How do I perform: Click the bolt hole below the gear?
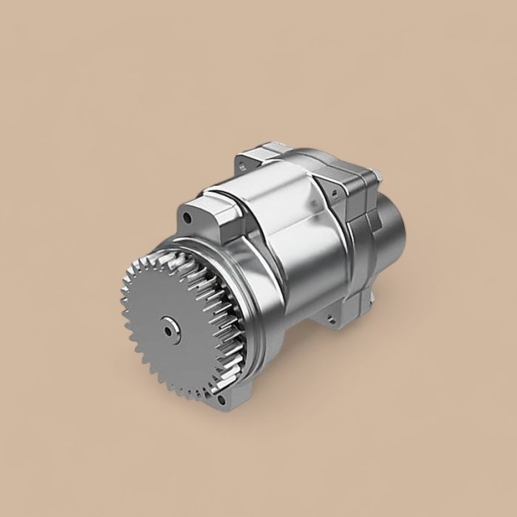(x=219, y=400)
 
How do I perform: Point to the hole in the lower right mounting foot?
(x=331, y=321)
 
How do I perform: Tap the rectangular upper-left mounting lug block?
(x=203, y=214)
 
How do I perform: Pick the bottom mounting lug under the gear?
(x=222, y=399)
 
